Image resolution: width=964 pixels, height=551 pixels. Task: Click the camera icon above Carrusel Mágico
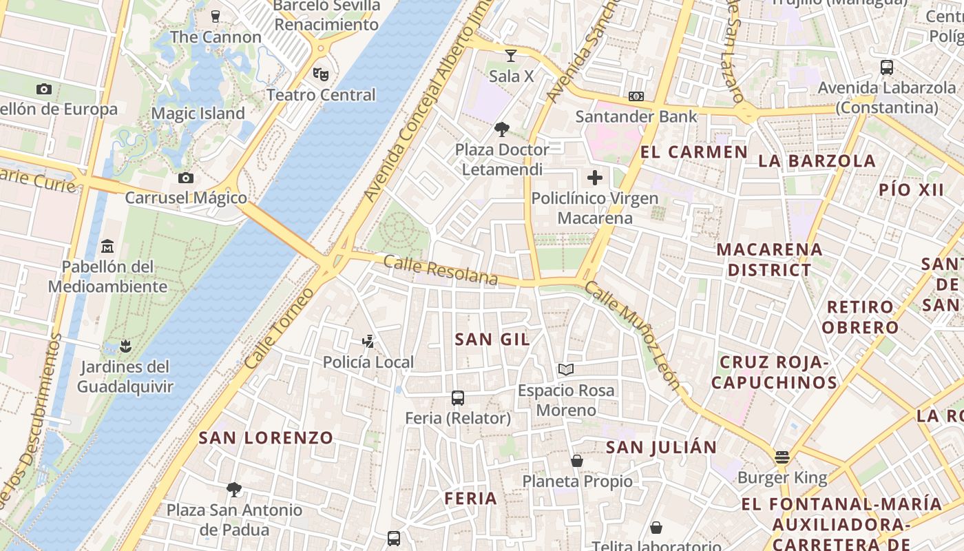coord(185,178)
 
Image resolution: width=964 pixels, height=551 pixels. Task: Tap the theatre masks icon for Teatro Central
coord(319,74)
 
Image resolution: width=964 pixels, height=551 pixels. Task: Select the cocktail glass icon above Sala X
coord(510,56)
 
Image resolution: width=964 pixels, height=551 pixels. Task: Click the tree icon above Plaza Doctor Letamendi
coord(502,129)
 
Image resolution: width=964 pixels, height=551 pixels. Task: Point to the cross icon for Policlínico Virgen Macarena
coord(594,178)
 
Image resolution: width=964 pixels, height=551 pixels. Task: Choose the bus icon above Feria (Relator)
coord(457,397)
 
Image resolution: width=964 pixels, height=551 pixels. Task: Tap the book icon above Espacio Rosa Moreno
coord(565,370)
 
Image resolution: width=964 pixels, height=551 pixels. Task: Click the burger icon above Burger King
coord(781,457)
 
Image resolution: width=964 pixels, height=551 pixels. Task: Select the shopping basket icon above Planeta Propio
coord(576,461)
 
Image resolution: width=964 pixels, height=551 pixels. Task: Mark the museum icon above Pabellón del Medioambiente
coord(107,246)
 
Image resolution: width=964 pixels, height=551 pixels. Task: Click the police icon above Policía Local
coord(368,341)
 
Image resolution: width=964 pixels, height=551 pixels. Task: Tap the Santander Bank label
coord(636,116)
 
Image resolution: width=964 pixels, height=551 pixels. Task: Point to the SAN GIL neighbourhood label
coord(492,339)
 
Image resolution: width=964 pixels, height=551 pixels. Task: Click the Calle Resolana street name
coord(441,269)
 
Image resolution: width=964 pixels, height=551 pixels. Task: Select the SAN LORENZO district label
coord(266,437)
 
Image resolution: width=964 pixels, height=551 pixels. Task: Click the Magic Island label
coord(198,114)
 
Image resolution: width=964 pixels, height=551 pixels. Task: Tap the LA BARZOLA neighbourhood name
coord(817,161)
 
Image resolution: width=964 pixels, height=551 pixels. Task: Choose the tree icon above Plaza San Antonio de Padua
coord(234,490)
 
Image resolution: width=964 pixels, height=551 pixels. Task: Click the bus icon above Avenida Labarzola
coord(887,67)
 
